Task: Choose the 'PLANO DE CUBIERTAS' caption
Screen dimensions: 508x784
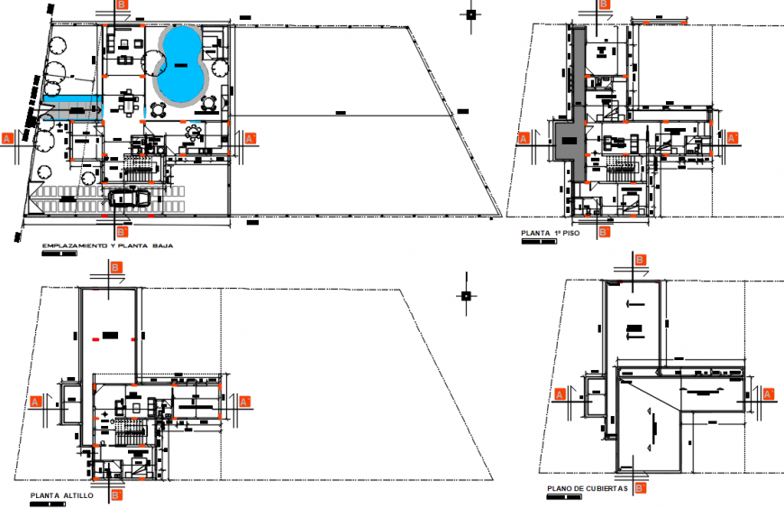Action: coord(587,489)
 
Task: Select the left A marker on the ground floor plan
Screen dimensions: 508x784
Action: coord(7,138)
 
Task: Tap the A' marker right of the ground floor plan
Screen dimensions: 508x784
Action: coord(251,138)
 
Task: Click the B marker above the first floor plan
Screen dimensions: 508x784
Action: coord(604,5)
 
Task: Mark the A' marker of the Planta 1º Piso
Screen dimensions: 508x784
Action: coord(733,138)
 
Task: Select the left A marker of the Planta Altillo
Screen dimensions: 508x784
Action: coord(36,401)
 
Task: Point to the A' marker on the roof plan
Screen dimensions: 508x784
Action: coord(769,394)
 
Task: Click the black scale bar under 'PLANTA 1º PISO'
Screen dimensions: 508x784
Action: coord(539,242)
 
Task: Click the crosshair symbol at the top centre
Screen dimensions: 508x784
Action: coord(469,14)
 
